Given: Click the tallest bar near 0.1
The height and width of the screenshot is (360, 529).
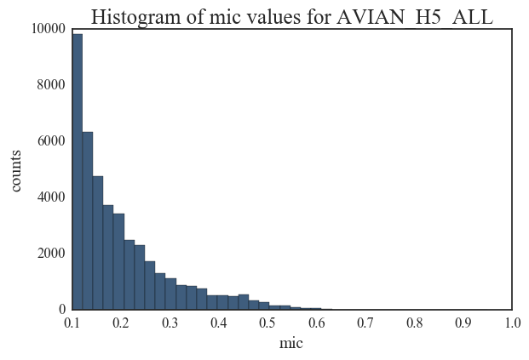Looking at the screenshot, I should coord(78,170).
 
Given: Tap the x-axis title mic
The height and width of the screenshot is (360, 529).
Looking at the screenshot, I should coord(291,344).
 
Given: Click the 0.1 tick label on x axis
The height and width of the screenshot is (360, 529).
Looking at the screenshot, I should coord(72,323).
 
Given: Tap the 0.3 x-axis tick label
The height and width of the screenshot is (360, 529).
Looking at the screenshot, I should coord(170,323).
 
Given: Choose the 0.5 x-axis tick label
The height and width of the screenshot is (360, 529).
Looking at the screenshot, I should coord(267,323).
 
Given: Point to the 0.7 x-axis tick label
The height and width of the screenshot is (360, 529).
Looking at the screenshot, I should coord(365,323).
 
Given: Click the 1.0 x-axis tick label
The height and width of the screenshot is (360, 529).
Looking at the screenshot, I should coord(512,323).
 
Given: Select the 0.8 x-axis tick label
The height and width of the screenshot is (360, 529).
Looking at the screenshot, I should coord(414,323).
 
